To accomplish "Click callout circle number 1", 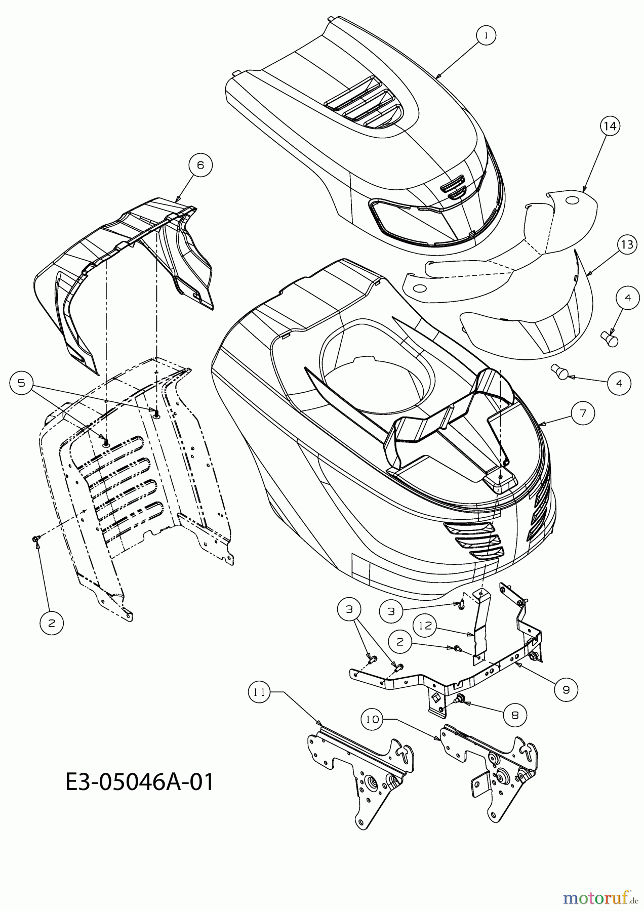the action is tap(486, 36).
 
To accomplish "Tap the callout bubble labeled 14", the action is tap(611, 126).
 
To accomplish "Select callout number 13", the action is tap(627, 245).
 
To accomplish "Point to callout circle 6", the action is tap(200, 165).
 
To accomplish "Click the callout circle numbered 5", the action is tap(21, 383).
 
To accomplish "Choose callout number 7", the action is tap(583, 413).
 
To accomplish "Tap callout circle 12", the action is tap(425, 626).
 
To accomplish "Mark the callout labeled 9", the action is tap(566, 689).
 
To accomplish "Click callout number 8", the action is tap(514, 714).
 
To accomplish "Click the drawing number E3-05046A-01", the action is tap(140, 782).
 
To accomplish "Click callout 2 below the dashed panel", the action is tap(52, 624).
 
